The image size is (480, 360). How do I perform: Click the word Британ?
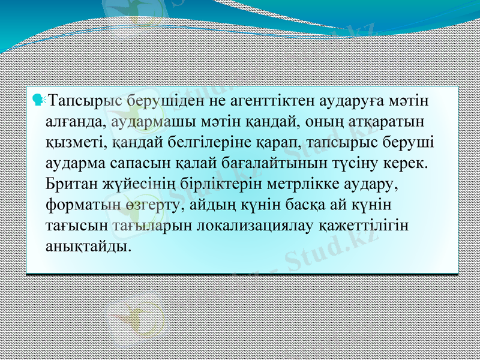(71, 184)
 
